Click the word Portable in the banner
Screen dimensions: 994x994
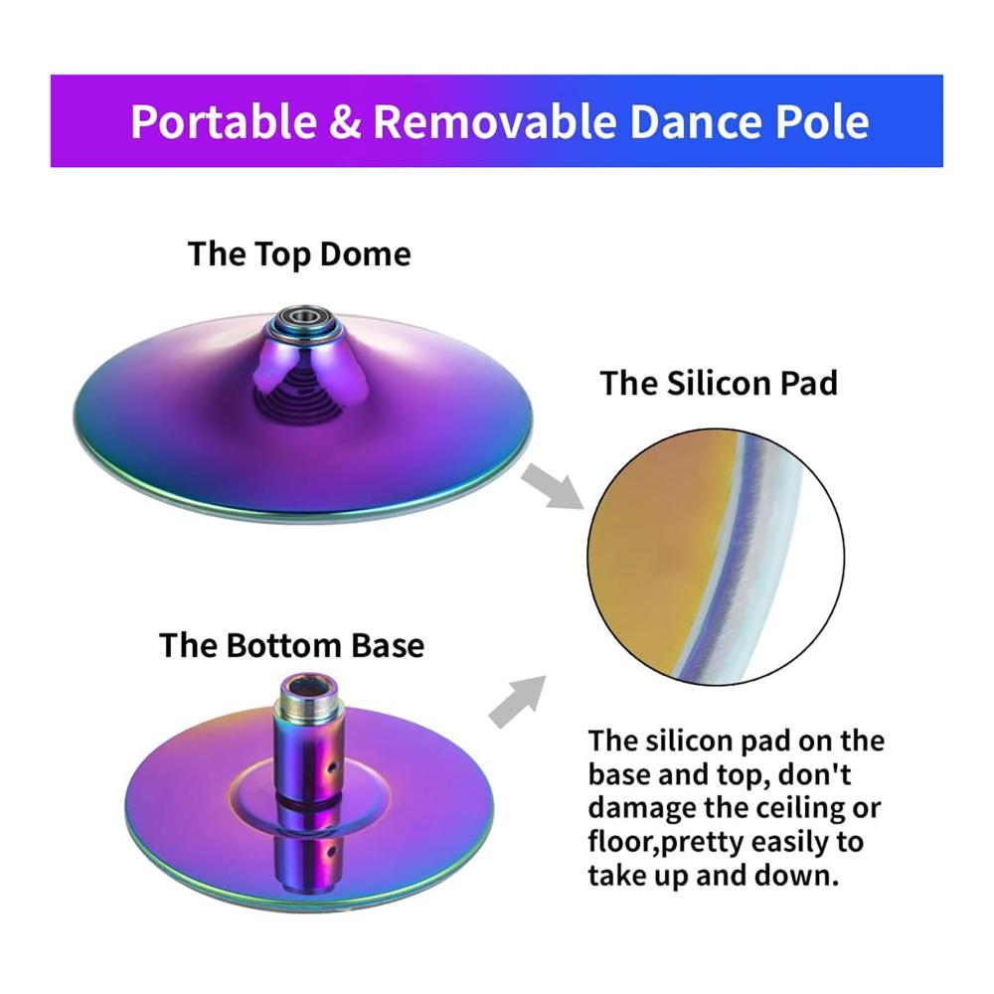click(223, 121)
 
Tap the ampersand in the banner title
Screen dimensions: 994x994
click(345, 121)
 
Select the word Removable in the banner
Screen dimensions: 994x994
click(494, 121)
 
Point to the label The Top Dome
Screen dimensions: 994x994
click(299, 254)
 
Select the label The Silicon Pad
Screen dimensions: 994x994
click(719, 383)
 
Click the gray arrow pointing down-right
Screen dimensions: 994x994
click(552, 486)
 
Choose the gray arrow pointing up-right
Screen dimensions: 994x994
click(517, 702)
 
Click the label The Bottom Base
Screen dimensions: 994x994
click(291, 645)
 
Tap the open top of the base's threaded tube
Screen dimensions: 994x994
click(310, 685)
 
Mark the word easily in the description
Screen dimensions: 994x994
click(779, 843)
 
